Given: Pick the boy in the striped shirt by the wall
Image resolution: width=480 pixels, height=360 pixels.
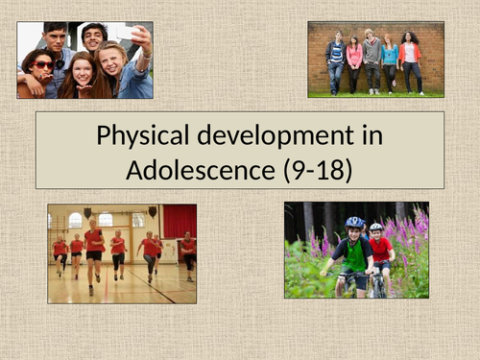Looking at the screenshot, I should coord(335,61).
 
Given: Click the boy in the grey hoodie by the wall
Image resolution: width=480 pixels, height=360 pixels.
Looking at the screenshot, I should coord(372,60).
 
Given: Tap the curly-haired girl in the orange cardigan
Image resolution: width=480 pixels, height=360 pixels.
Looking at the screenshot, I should coord(410,60).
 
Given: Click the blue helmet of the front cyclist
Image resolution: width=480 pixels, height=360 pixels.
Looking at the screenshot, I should coord(355,223).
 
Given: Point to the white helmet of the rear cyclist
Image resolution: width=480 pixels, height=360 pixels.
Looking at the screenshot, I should coord(376,228).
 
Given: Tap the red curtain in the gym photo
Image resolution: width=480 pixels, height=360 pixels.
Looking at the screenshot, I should coord(180,224).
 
